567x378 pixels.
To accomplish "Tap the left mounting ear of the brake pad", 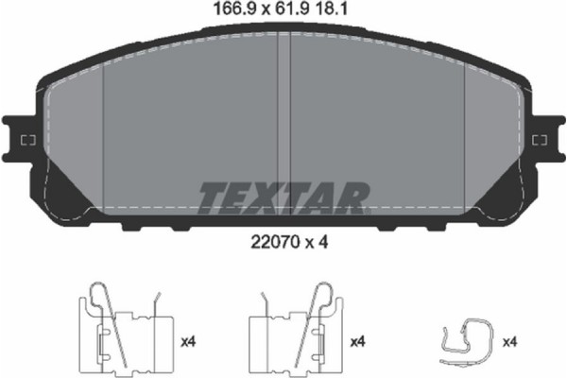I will pos(20,141).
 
